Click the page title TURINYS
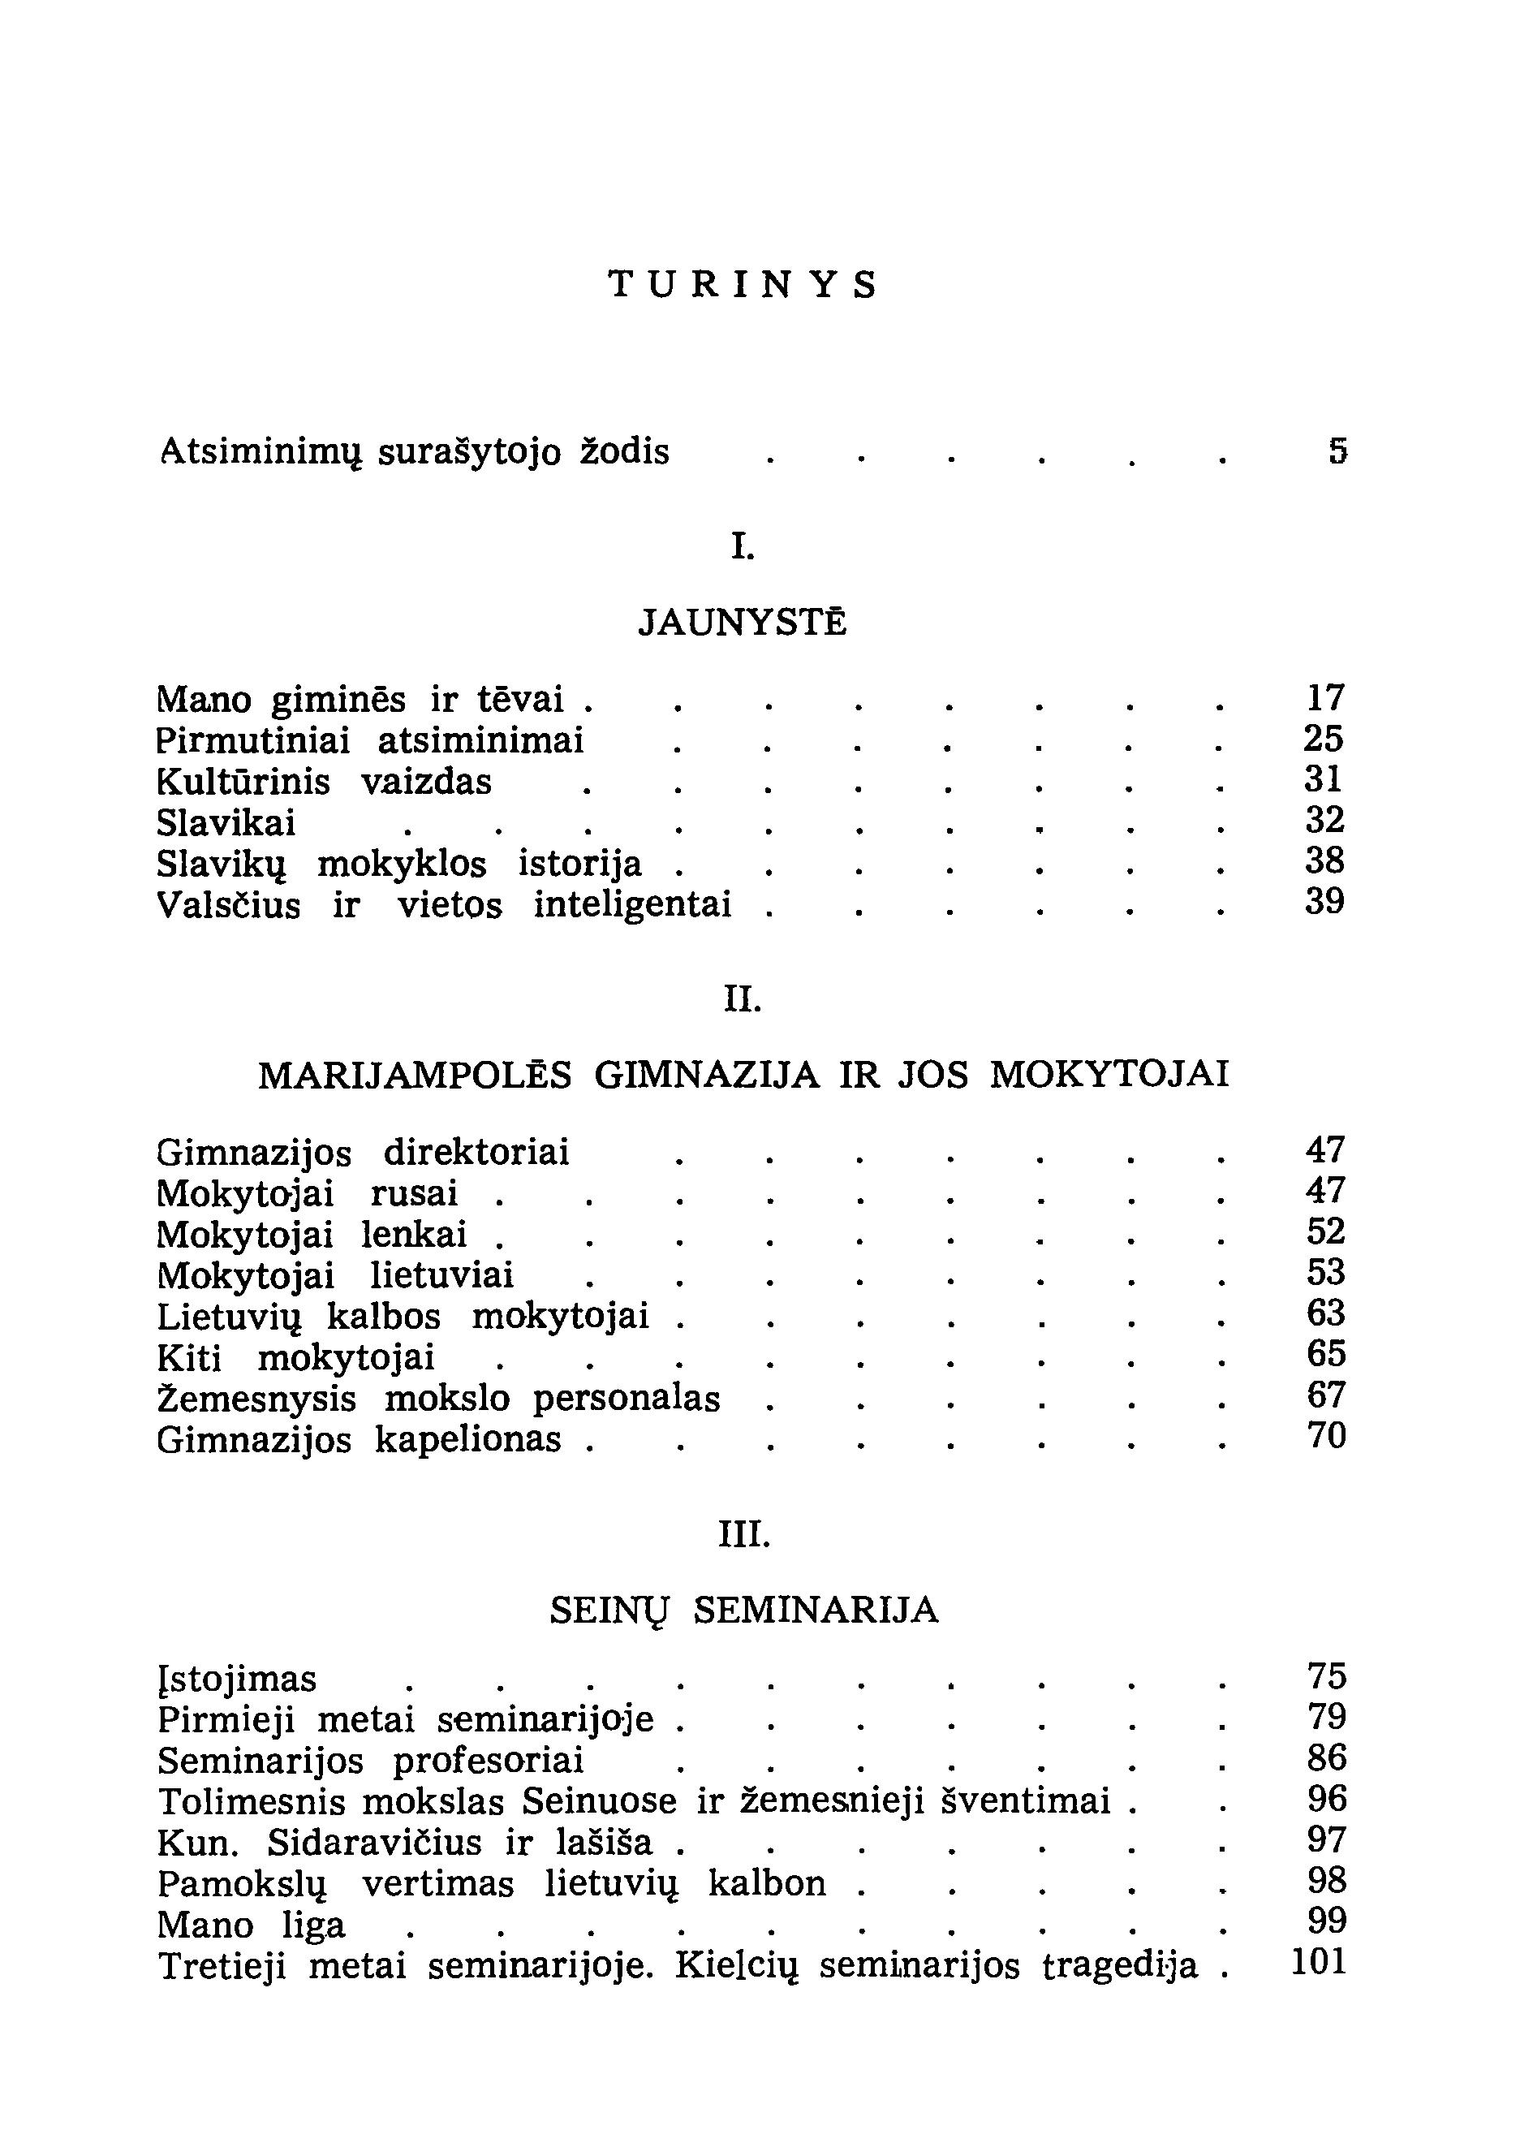point(743,284)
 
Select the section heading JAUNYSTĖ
point(743,623)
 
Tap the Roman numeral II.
point(743,998)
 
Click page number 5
point(1337,452)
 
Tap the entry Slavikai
point(226,824)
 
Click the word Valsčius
point(228,905)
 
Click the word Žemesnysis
point(256,1399)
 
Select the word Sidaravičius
point(375,1843)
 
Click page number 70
point(1325,1437)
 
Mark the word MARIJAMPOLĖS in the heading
point(416,1076)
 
